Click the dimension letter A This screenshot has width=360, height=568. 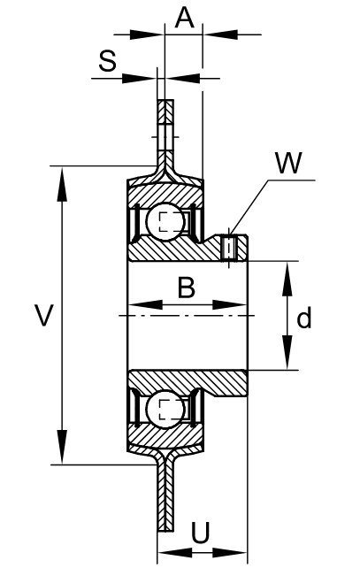[x=185, y=18]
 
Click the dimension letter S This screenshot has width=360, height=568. [x=107, y=60]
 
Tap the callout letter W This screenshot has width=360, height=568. [x=288, y=163]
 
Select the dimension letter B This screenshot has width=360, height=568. [x=187, y=288]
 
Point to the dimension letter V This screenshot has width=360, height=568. [x=44, y=315]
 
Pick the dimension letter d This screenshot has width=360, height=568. [x=303, y=318]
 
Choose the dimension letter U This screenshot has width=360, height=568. [x=200, y=533]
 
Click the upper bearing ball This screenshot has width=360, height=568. [x=165, y=221]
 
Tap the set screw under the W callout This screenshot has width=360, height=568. [x=229, y=248]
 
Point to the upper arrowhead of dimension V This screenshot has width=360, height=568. [x=62, y=184]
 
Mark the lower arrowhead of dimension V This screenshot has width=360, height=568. [x=62, y=447]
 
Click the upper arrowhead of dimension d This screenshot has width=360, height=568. [x=287, y=279]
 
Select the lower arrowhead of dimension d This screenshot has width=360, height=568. [x=287, y=352]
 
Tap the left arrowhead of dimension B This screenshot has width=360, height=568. [x=146, y=304]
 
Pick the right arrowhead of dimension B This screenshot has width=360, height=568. [x=230, y=304]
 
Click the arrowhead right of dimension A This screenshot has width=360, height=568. [x=220, y=35]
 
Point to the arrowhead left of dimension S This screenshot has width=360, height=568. [x=139, y=78]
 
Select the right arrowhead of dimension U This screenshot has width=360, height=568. [x=230, y=553]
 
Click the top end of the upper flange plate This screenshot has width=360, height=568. [x=165, y=100]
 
